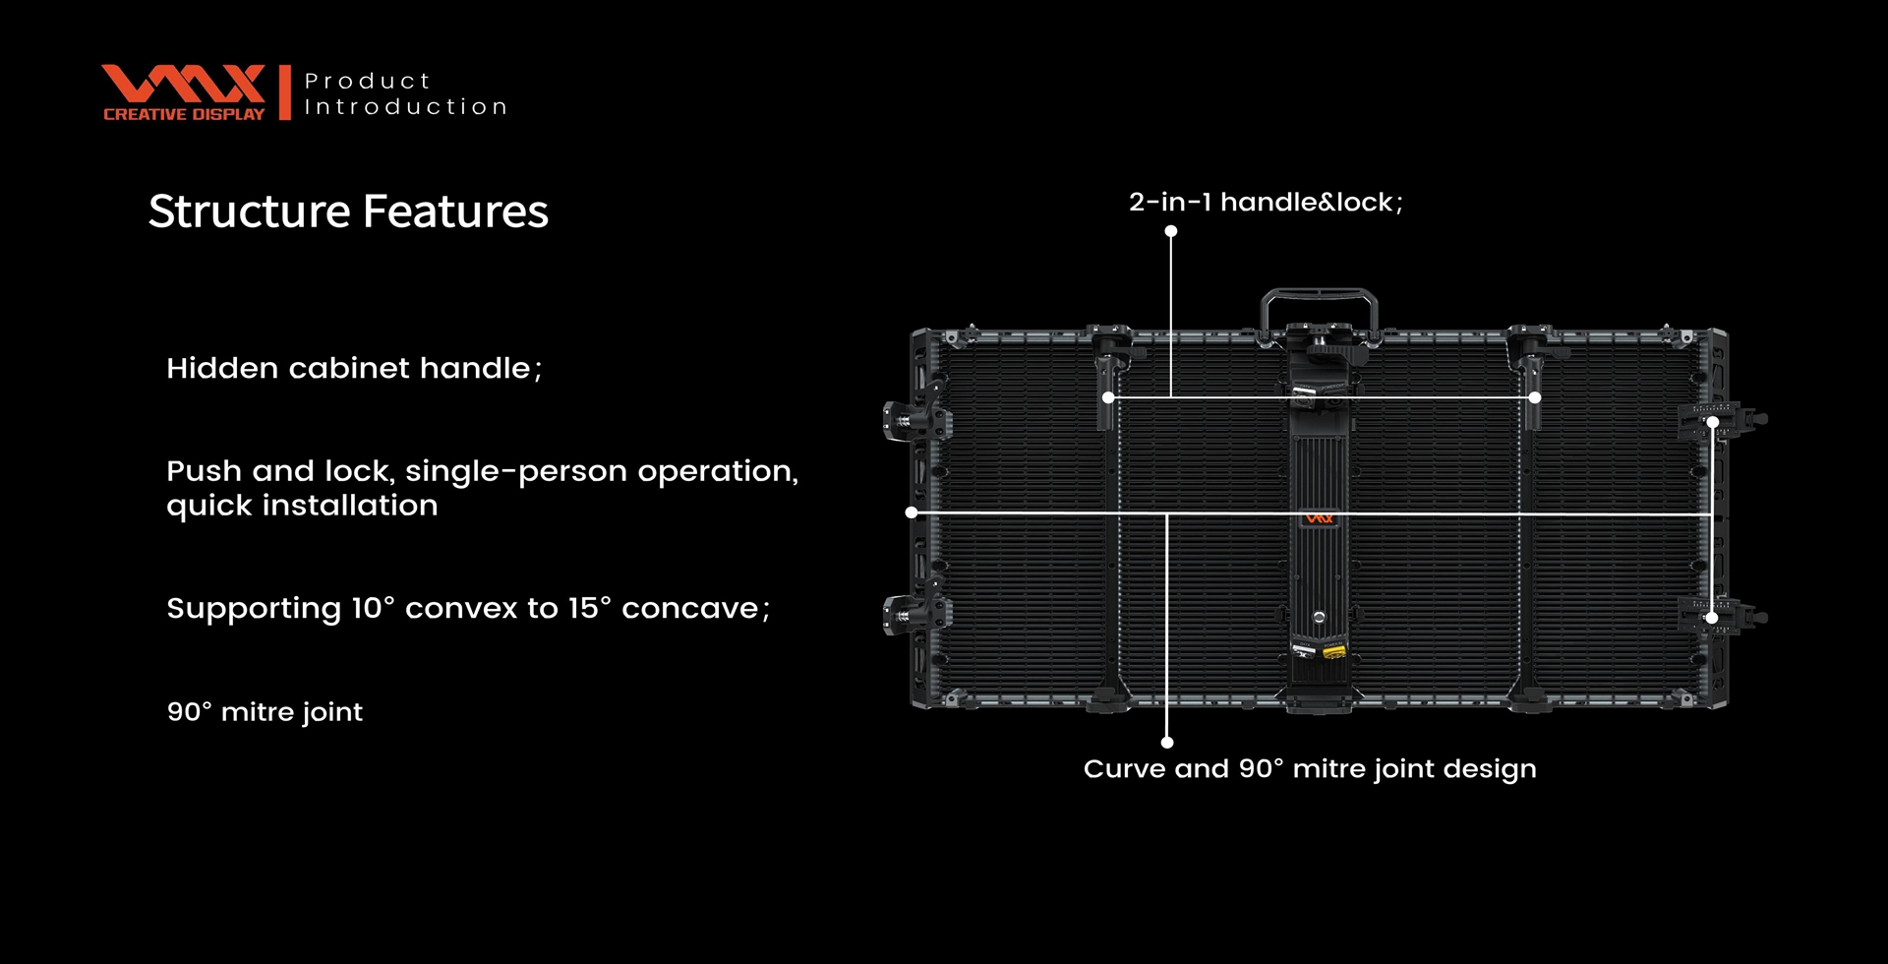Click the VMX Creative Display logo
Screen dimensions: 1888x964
(183, 93)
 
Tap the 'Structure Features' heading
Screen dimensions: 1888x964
(348, 211)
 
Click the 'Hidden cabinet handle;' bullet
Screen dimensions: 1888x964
(354, 368)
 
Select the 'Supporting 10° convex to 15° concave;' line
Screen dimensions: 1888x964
(468, 609)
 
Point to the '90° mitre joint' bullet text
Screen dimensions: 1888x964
(265, 711)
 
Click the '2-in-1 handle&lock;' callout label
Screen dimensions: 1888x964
(1266, 203)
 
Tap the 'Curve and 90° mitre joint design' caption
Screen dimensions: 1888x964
(1310, 769)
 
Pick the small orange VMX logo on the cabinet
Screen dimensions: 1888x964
(1319, 518)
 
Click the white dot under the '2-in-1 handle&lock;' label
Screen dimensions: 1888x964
(1171, 231)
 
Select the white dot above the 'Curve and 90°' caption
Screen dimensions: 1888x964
(1167, 743)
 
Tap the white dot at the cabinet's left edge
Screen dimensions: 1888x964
(912, 512)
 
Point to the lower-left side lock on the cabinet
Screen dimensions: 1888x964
(915, 614)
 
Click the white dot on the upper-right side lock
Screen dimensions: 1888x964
(1713, 422)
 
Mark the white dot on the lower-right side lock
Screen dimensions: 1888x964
(1712, 618)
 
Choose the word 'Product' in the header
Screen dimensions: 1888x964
(368, 81)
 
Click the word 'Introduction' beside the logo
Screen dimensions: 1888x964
(406, 106)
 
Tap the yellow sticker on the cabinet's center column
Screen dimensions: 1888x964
(1334, 651)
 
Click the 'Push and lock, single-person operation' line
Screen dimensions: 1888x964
(483, 472)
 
